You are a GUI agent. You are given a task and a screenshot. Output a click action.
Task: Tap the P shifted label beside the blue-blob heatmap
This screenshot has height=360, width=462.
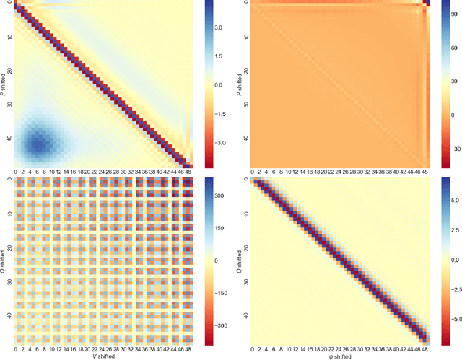pyautogui.click(x=6, y=84)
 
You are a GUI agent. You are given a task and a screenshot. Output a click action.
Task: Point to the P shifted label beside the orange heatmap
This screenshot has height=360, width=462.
pyautogui.click(x=240, y=84)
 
